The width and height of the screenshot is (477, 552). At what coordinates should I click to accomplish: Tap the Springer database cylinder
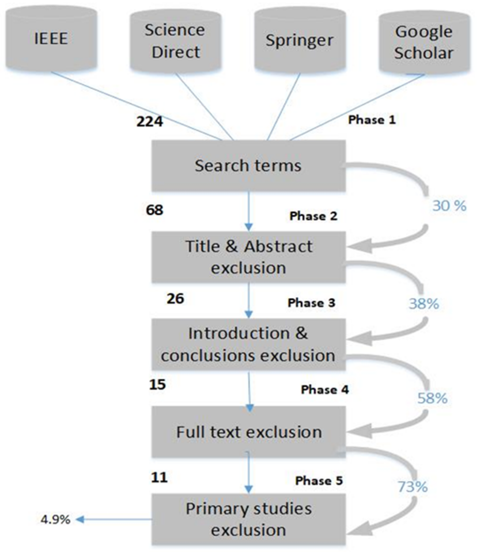[x=300, y=41]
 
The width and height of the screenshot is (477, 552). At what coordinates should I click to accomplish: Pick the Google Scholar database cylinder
[x=424, y=42]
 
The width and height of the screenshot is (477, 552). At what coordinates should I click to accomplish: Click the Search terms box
[x=248, y=166]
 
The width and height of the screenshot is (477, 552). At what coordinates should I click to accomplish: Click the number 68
[x=154, y=210]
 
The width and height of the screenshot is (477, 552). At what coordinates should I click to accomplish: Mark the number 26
[x=175, y=299]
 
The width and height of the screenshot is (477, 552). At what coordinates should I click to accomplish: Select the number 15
[x=157, y=385]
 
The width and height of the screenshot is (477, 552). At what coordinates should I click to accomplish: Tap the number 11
[x=159, y=478]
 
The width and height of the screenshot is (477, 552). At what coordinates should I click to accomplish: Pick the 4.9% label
[x=55, y=520]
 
